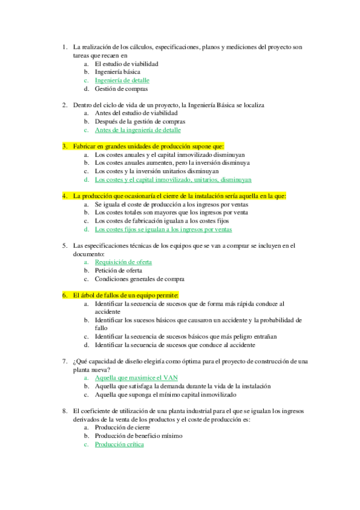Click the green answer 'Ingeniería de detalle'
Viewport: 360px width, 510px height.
[x=122, y=80]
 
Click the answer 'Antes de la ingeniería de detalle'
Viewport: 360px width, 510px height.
[x=138, y=130]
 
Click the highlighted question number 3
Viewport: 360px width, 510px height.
[x=64, y=146]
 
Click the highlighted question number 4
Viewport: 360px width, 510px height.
[x=64, y=196]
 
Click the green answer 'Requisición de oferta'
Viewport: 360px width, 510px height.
[x=123, y=262]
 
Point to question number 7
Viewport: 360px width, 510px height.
[x=64, y=361]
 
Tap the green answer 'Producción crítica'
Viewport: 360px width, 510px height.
[x=120, y=444]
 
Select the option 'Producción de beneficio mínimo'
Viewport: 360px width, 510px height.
[x=138, y=436]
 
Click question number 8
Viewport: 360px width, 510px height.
[x=64, y=411]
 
